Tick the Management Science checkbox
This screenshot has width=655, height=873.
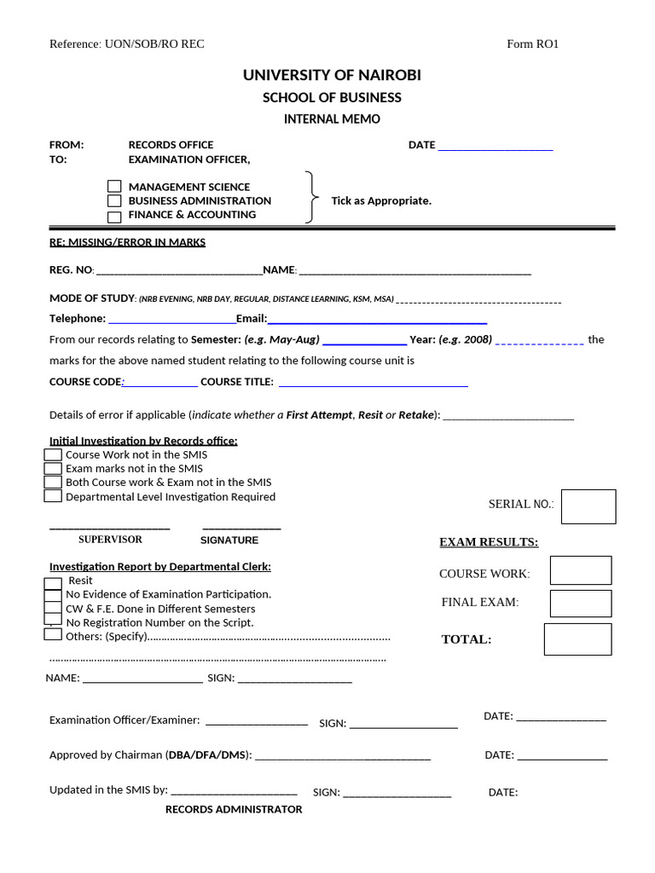click(x=114, y=187)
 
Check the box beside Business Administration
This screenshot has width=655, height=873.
click(x=114, y=201)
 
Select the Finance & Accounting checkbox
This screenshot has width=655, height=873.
click(x=114, y=216)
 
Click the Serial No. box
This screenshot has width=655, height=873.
click(x=588, y=506)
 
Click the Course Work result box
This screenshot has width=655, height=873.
click(x=581, y=570)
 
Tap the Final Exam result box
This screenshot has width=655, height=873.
click(x=581, y=603)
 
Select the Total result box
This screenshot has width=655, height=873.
click(x=577, y=639)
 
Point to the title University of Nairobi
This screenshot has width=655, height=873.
click(x=332, y=76)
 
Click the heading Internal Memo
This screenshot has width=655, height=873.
click(x=332, y=119)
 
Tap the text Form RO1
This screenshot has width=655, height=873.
click(x=532, y=44)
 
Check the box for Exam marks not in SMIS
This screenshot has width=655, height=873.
click(x=53, y=469)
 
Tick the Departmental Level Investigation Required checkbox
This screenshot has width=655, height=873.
click(x=53, y=496)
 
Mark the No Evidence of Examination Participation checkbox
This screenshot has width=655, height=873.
click(x=53, y=595)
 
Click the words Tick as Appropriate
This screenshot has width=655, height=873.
click(x=381, y=201)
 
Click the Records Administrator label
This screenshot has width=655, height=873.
click(x=234, y=809)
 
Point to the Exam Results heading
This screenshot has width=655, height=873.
click(x=488, y=542)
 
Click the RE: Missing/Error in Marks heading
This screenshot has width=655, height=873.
click(x=127, y=242)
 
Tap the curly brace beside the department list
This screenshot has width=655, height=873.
click(x=312, y=198)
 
